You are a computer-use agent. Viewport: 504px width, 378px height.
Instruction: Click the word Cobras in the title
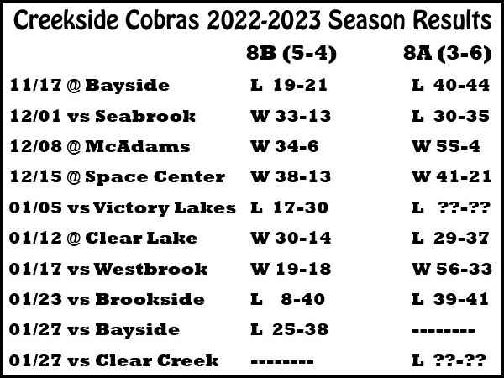click(x=162, y=20)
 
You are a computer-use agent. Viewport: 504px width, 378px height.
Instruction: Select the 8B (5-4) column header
click(x=291, y=53)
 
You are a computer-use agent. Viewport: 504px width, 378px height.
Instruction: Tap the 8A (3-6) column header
click(x=448, y=53)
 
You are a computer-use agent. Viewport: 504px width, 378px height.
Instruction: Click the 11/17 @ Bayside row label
click(x=90, y=86)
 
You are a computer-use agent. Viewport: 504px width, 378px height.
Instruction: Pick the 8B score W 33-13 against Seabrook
click(x=291, y=116)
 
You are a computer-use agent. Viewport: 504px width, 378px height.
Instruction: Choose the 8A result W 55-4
click(x=446, y=146)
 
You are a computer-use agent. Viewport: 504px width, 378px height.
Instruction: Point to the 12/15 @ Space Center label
click(x=118, y=177)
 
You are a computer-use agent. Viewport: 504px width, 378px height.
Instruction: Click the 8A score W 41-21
click(x=452, y=176)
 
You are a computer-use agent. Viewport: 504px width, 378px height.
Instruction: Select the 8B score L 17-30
click(x=289, y=207)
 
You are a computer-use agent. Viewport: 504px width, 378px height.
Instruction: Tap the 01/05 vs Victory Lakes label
click(x=123, y=208)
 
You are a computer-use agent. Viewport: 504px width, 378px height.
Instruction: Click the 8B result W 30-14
click(x=291, y=239)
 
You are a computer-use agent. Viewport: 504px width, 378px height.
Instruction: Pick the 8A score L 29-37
click(x=450, y=239)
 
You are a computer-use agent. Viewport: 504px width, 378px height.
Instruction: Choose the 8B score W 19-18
click(x=291, y=269)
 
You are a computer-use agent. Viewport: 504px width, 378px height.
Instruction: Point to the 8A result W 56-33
click(x=452, y=269)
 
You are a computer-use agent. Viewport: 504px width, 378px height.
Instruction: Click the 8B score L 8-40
click(x=287, y=299)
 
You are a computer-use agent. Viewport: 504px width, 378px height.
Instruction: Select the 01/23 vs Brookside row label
click(x=107, y=299)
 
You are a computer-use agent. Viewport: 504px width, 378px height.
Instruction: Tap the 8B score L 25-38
click(x=289, y=330)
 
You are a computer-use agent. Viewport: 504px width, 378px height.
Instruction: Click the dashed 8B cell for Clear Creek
click(x=282, y=361)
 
